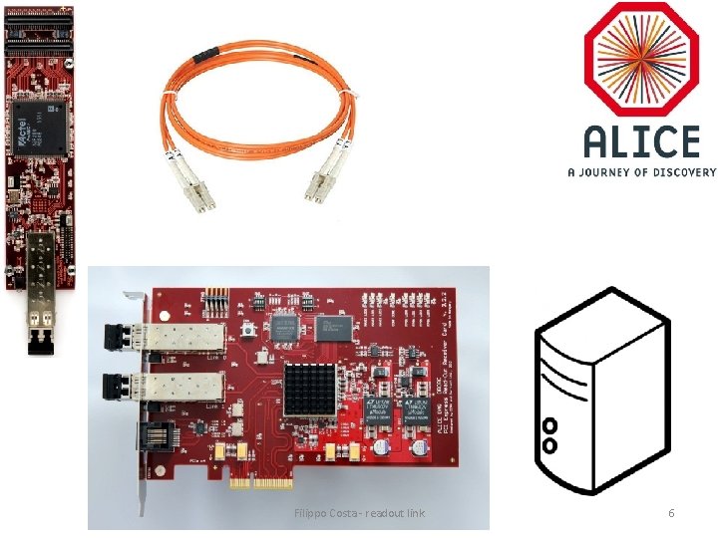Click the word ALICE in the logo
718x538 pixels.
tap(642, 142)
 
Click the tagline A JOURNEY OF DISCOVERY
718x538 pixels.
tap(641, 171)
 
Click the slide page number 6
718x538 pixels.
tap(671, 513)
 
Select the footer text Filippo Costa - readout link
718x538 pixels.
tap(360, 513)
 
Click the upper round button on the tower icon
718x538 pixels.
tap(548, 424)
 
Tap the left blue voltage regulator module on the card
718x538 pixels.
tap(376, 409)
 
